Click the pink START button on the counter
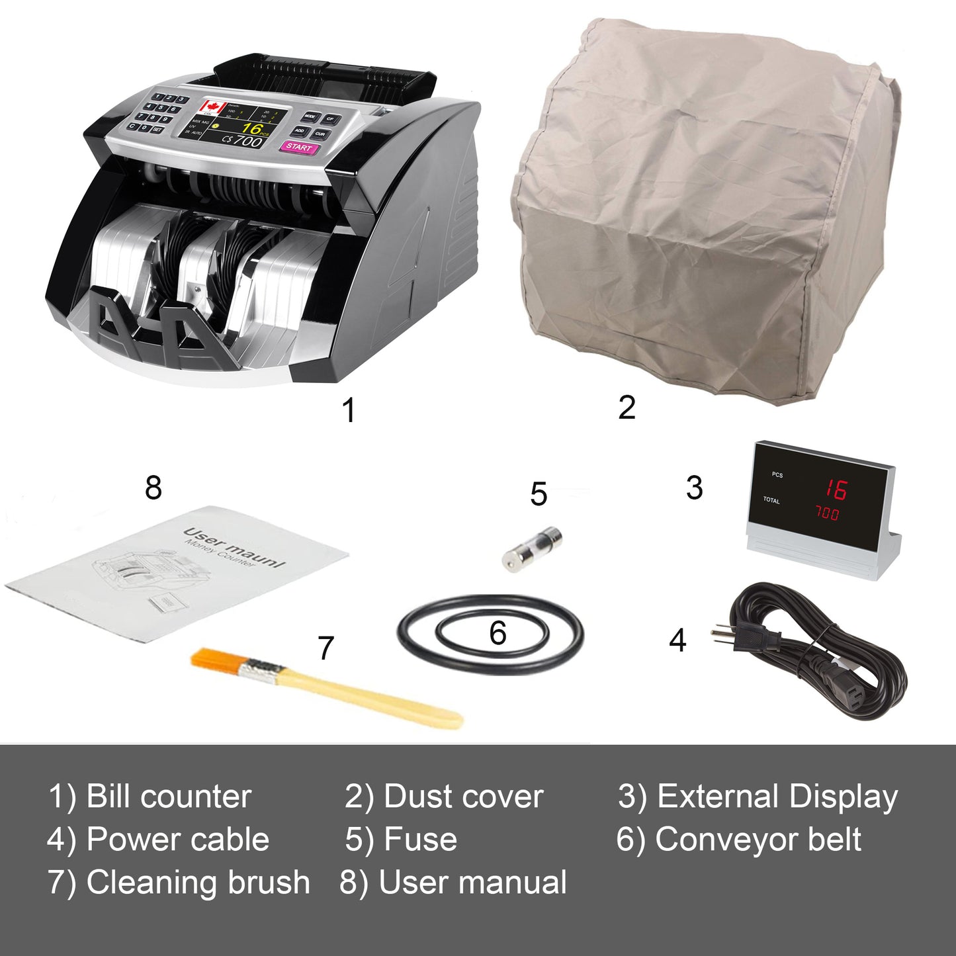[x=299, y=147]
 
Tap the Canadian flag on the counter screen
[x=213, y=107]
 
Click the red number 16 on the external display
[x=835, y=490]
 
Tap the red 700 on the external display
[x=826, y=514]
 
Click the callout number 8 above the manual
[x=153, y=488]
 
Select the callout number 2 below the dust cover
[x=627, y=407]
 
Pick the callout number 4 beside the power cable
[x=677, y=640]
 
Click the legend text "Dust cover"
[x=463, y=797]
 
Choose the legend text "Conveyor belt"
[x=758, y=840]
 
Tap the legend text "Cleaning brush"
[x=198, y=883]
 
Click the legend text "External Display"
[x=777, y=797]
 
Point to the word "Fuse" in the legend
[x=420, y=840]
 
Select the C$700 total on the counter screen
[x=242, y=140]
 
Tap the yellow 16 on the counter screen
[x=251, y=128]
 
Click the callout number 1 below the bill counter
[x=349, y=410]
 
